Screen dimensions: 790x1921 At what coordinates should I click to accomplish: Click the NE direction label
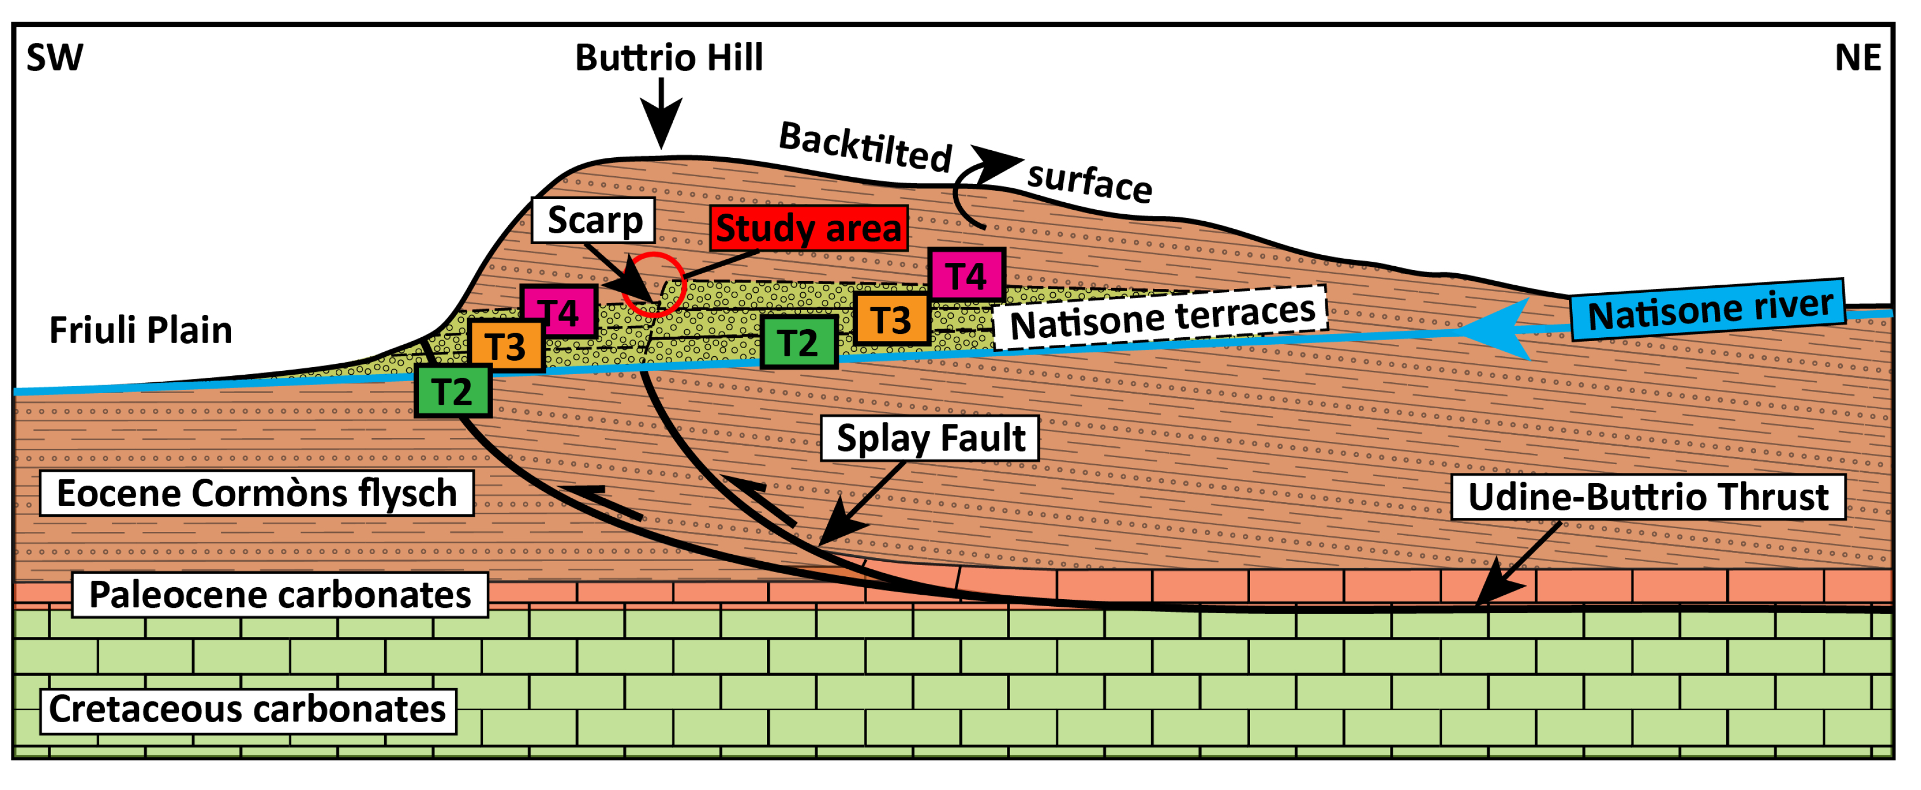point(1857,58)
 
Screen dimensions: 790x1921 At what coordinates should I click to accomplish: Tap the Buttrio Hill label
point(669,58)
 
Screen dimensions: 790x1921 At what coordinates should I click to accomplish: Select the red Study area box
point(808,229)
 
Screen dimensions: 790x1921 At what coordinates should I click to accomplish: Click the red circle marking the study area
point(653,285)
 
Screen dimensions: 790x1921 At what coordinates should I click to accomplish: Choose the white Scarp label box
point(593,221)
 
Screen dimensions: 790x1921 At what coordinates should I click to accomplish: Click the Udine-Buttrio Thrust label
point(1648,498)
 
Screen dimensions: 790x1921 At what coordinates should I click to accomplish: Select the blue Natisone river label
point(1708,310)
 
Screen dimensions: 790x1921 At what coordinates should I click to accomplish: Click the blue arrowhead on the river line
point(1491,330)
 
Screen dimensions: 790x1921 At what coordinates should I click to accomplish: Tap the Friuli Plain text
point(141,331)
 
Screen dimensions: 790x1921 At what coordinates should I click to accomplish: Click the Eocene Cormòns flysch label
point(257,494)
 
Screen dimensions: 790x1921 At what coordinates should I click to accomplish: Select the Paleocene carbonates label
point(279,595)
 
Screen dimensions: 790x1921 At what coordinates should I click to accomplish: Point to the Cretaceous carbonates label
point(247,710)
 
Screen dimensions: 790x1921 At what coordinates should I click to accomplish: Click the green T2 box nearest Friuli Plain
point(452,392)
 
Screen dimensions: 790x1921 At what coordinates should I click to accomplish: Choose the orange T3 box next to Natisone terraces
point(891,320)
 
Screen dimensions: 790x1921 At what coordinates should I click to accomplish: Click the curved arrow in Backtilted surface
point(977,187)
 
